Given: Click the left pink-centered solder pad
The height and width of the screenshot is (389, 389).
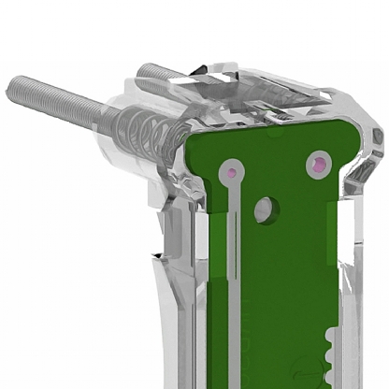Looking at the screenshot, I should [228, 172].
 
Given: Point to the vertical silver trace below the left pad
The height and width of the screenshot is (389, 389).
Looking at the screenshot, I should [232, 234].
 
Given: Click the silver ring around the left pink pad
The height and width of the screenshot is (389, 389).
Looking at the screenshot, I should [237, 167].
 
